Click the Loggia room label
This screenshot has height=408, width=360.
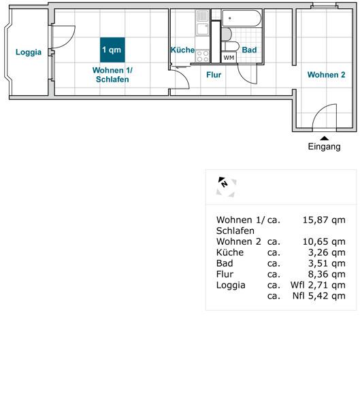tap(29, 52)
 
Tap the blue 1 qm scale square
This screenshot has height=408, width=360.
tap(112, 50)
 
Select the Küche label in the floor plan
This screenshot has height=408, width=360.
tap(182, 50)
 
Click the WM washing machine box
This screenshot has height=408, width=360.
tap(229, 58)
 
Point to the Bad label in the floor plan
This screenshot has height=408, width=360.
tap(249, 50)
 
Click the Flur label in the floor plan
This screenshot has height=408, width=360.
tap(214, 75)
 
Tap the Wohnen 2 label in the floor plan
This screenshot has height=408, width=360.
tap(326, 75)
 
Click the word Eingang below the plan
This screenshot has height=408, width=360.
tap(324, 146)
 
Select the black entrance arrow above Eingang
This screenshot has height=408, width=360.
tap(324, 138)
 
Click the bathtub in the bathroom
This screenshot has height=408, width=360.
tap(241, 18)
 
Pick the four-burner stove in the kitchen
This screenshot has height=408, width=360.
tap(202, 56)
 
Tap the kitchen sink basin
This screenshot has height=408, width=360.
tap(202, 29)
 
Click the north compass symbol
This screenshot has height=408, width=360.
tap(226, 186)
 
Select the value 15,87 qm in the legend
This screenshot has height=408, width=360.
tap(324, 220)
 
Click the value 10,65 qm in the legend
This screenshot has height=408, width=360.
tap(324, 241)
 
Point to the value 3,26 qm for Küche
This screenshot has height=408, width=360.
tap(327, 253)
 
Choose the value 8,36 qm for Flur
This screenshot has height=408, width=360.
tap(327, 274)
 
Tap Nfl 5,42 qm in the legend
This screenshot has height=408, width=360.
tap(319, 296)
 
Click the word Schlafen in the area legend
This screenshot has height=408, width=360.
tap(235, 231)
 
